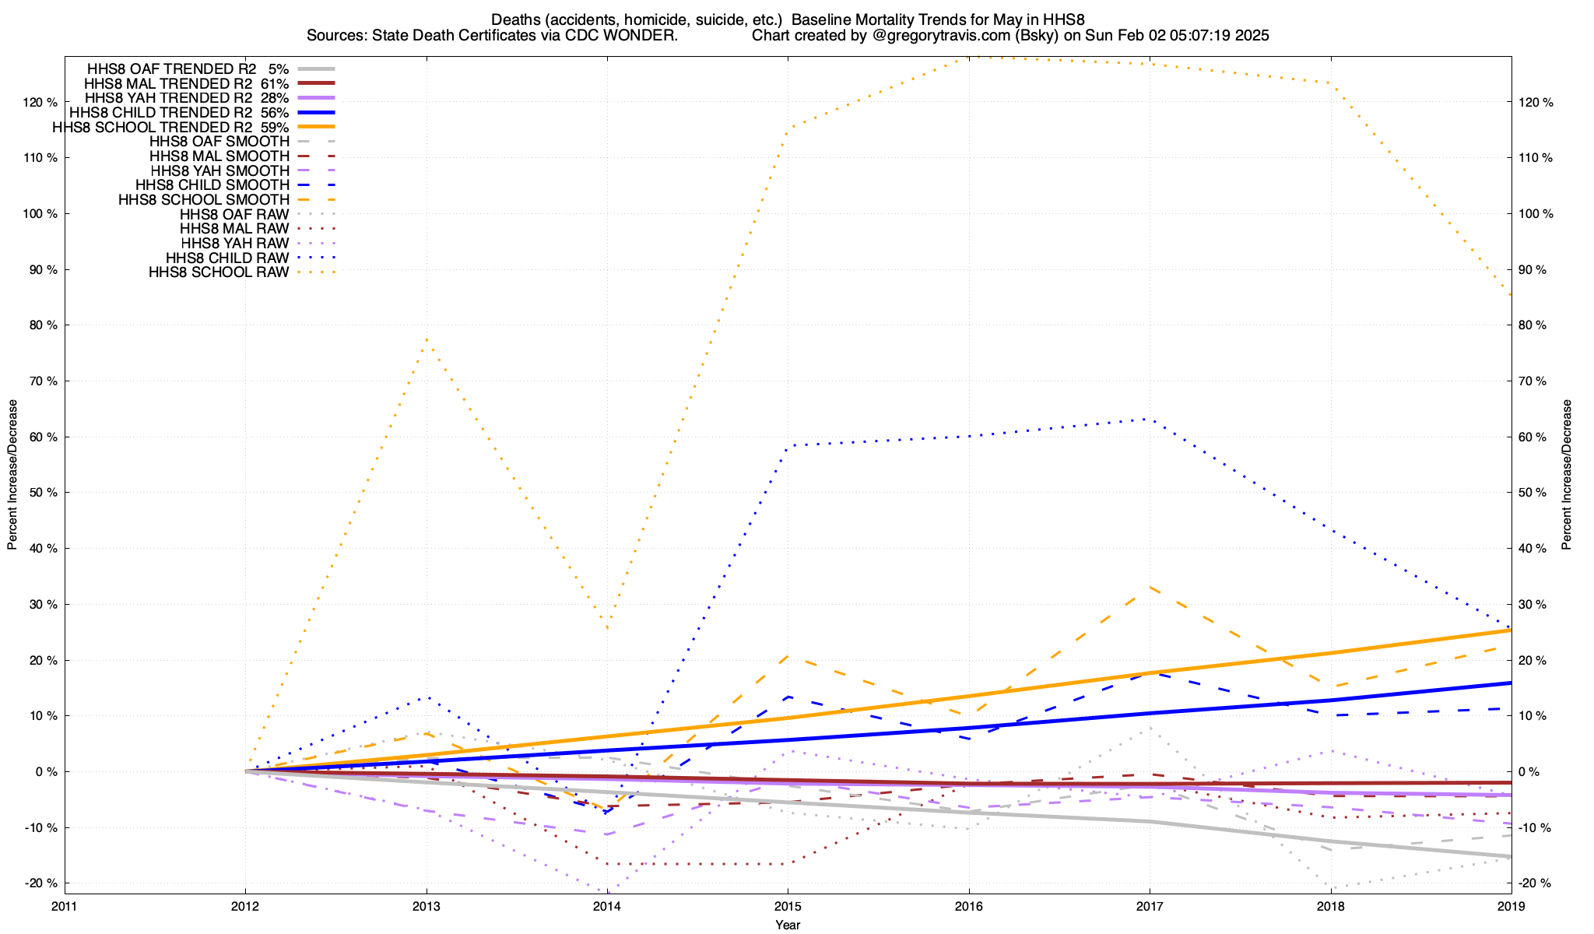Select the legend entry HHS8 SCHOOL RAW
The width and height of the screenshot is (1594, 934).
219,272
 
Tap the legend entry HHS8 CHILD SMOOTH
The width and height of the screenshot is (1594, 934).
212,185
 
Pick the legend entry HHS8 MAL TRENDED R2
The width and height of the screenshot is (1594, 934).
169,83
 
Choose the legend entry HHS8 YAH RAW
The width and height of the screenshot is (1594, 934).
234,244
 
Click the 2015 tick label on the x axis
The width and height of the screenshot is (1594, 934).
788,906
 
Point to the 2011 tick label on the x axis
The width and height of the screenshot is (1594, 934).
65,906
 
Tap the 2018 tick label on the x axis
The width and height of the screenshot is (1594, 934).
1330,906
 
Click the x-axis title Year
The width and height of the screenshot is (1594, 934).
788,925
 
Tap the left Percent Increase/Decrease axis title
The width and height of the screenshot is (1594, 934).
12,475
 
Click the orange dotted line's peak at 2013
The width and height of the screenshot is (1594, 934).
427,339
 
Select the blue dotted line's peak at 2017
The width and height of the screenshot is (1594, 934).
1150,420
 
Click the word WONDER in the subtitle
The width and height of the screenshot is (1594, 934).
648,36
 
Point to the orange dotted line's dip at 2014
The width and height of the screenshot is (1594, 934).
607,627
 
